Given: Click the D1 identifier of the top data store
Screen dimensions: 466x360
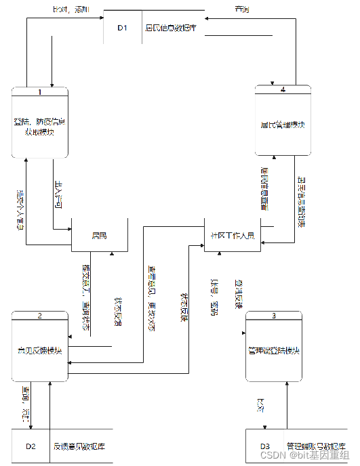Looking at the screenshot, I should coord(122,28).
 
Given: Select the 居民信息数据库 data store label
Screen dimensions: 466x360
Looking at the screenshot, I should coord(171,28).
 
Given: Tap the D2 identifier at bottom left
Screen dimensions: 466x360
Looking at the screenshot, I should coord(31,446).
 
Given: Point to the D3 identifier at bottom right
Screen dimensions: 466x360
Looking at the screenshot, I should coord(265,446).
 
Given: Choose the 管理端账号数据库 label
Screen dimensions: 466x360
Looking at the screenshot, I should coord(316,446).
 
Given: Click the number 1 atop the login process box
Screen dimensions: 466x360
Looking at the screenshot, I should coord(40,91).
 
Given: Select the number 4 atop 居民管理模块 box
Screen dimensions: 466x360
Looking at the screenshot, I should coord(283,89).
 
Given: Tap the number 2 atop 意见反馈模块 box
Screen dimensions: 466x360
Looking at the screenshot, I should coord(40,316).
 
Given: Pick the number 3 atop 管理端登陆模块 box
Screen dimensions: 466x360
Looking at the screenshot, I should coord(273,316).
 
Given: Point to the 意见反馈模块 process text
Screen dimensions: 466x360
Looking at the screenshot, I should coord(40,350).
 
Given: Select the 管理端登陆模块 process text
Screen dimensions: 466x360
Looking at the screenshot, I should coord(273,350).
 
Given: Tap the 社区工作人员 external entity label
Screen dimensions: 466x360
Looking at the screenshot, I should coord(232,236).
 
